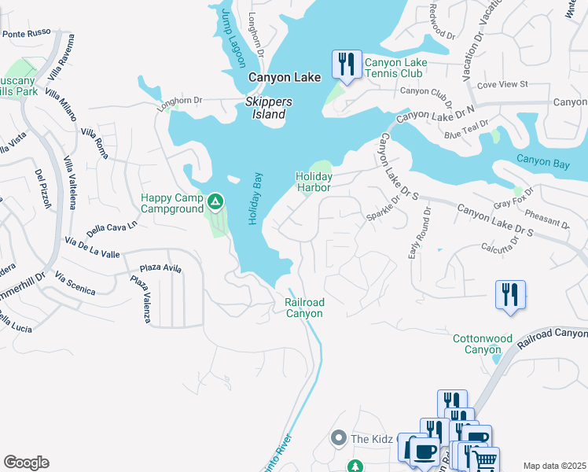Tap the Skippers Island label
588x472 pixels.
(269, 108)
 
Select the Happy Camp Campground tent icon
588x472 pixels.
(215, 204)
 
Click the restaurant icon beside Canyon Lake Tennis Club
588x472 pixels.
(346, 65)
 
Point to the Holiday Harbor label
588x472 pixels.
(314, 182)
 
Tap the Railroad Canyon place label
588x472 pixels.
(303, 308)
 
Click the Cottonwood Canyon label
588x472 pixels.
(483, 344)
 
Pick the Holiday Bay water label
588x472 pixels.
(255, 199)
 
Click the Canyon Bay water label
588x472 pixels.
(542, 161)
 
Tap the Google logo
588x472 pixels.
(26, 463)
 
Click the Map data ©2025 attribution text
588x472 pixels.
(554, 466)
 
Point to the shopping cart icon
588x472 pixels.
(486, 460)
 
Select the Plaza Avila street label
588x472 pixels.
(160, 268)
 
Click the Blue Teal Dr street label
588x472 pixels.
(466, 130)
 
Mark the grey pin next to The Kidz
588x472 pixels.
(339, 437)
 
